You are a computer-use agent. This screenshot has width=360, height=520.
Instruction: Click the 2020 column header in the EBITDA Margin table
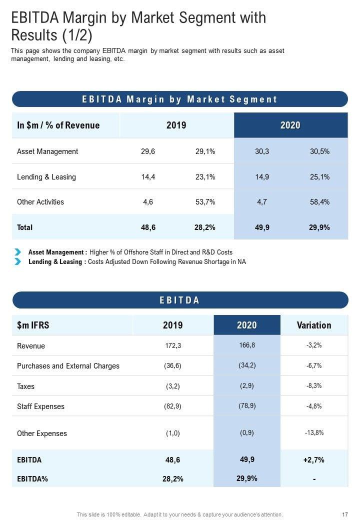point(290,125)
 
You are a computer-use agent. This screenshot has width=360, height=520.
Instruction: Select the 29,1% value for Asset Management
point(205,151)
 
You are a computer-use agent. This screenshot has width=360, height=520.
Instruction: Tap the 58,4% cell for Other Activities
point(319,202)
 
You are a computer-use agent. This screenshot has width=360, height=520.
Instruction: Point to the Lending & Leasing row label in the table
point(46,177)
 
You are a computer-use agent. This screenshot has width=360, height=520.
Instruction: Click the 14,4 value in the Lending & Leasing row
point(148,177)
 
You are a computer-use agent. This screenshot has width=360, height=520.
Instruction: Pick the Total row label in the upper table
point(25,227)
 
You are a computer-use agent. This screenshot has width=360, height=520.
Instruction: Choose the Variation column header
point(314,325)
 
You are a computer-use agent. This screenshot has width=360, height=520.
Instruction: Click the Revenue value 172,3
point(172,346)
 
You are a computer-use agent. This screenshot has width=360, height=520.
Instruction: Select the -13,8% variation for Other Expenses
point(314,433)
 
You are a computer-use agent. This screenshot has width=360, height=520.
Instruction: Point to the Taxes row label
point(26,386)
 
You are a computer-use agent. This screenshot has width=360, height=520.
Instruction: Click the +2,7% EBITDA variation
point(314,460)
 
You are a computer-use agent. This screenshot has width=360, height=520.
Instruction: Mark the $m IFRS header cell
point(33,325)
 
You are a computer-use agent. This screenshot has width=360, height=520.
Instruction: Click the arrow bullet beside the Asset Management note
point(18,252)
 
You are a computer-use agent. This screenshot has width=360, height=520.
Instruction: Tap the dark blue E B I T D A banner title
point(180,300)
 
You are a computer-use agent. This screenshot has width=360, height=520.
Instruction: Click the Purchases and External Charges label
point(68,366)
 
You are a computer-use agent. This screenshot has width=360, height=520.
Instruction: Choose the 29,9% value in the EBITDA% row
point(247,478)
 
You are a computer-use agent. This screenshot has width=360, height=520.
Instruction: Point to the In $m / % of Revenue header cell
point(58,125)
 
